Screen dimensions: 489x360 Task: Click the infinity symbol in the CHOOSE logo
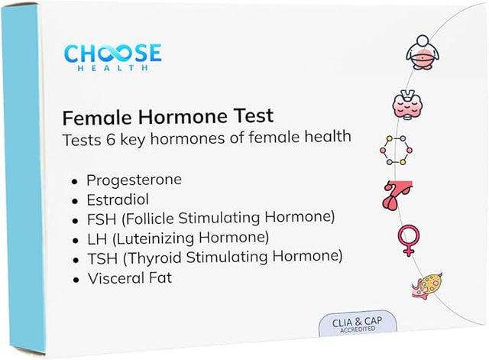click(x=113, y=53)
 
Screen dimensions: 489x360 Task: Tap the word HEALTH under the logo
click(x=112, y=67)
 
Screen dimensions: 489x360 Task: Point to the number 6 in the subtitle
click(x=111, y=139)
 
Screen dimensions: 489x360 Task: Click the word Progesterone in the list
click(x=134, y=180)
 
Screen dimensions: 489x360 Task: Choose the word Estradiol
click(x=118, y=199)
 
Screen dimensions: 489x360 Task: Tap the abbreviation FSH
click(x=102, y=219)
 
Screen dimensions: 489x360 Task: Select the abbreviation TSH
click(x=102, y=258)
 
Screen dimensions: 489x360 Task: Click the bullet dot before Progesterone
click(x=74, y=181)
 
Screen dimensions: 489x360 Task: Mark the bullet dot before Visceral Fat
click(x=76, y=279)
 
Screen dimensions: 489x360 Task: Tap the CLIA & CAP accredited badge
click(x=358, y=323)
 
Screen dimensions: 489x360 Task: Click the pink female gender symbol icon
click(x=408, y=239)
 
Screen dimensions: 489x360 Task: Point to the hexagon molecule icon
click(x=396, y=151)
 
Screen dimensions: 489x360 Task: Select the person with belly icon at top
click(x=423, y=52)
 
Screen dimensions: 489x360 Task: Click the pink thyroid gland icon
click(x=407, y=105)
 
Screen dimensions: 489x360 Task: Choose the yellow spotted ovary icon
click(x=426, y=286)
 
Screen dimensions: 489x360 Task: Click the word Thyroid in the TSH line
click(x=154, y=258)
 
